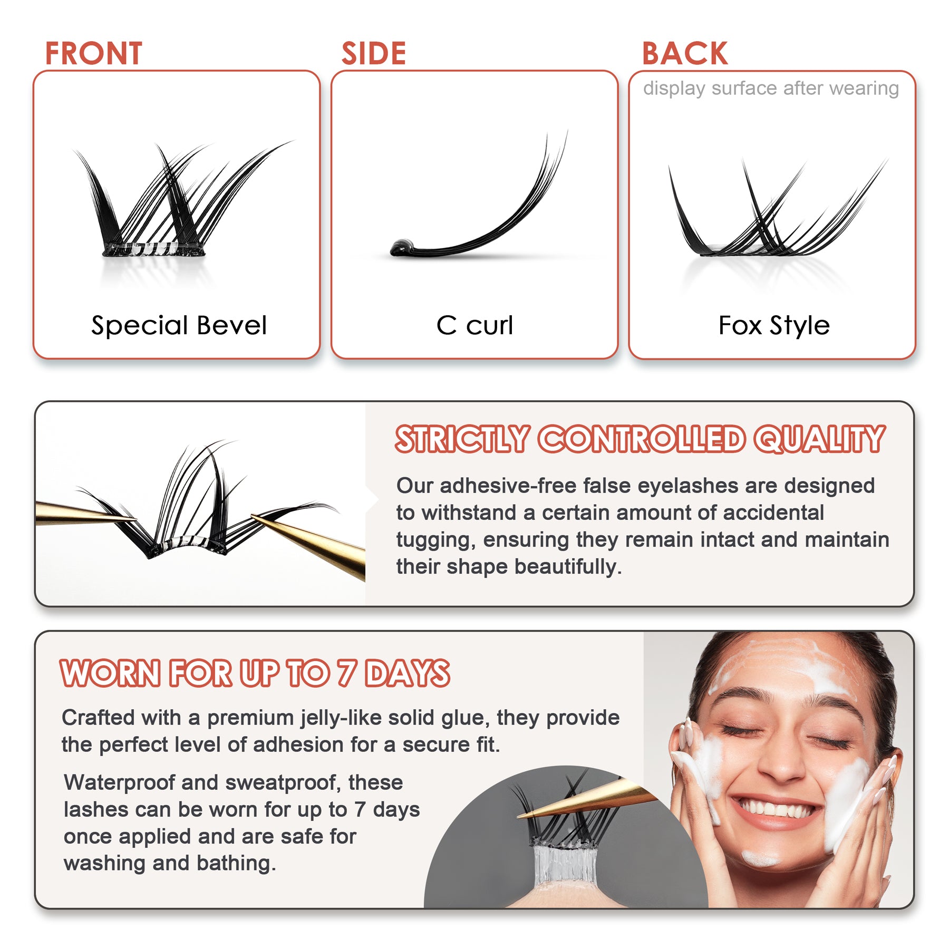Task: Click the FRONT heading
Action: pyautogui.click(x=93, y=54)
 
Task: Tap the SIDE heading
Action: pyautogui.click(x=373, y=54)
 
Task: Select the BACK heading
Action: pyautogui.click(x=684, y=54)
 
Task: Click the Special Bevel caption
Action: pyautogui.click(x=179, y=325)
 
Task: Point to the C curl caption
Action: pyautogui.click(x=474, y=325)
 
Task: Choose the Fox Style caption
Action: pyautogui.click(x=773, y=325)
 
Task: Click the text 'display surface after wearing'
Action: pyautogui.click(x=771, y=88)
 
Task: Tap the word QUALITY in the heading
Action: pyautogui.click(x=819, y=439)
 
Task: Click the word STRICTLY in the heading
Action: pyautogui.click(x=462, y=439)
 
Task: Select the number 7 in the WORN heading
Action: pyautogui.click(x=346, y=673)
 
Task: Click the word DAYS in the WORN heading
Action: pyautogui.click(x=408, y=673)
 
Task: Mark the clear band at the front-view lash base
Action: pyautogui.click(x=153, y=249)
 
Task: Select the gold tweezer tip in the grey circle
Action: pyautogui.click(x=527, y=815)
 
